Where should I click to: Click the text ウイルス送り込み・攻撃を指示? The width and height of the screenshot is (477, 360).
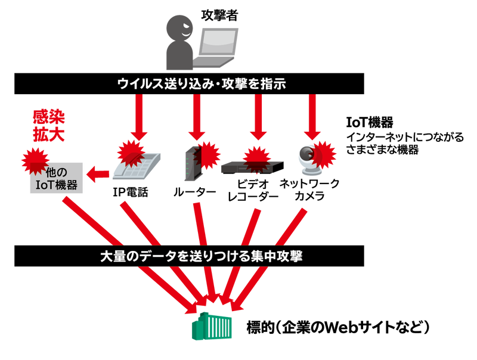202,84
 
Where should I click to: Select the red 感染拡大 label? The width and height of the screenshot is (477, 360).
48,125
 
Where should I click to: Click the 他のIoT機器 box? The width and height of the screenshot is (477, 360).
57,177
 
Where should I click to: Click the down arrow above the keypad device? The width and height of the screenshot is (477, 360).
138,116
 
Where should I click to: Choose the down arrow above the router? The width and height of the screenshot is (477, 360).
195,116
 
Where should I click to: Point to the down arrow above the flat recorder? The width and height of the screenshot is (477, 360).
257,116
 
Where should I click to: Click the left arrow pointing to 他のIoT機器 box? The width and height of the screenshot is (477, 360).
98,174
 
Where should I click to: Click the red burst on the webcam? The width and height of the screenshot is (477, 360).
324,154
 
